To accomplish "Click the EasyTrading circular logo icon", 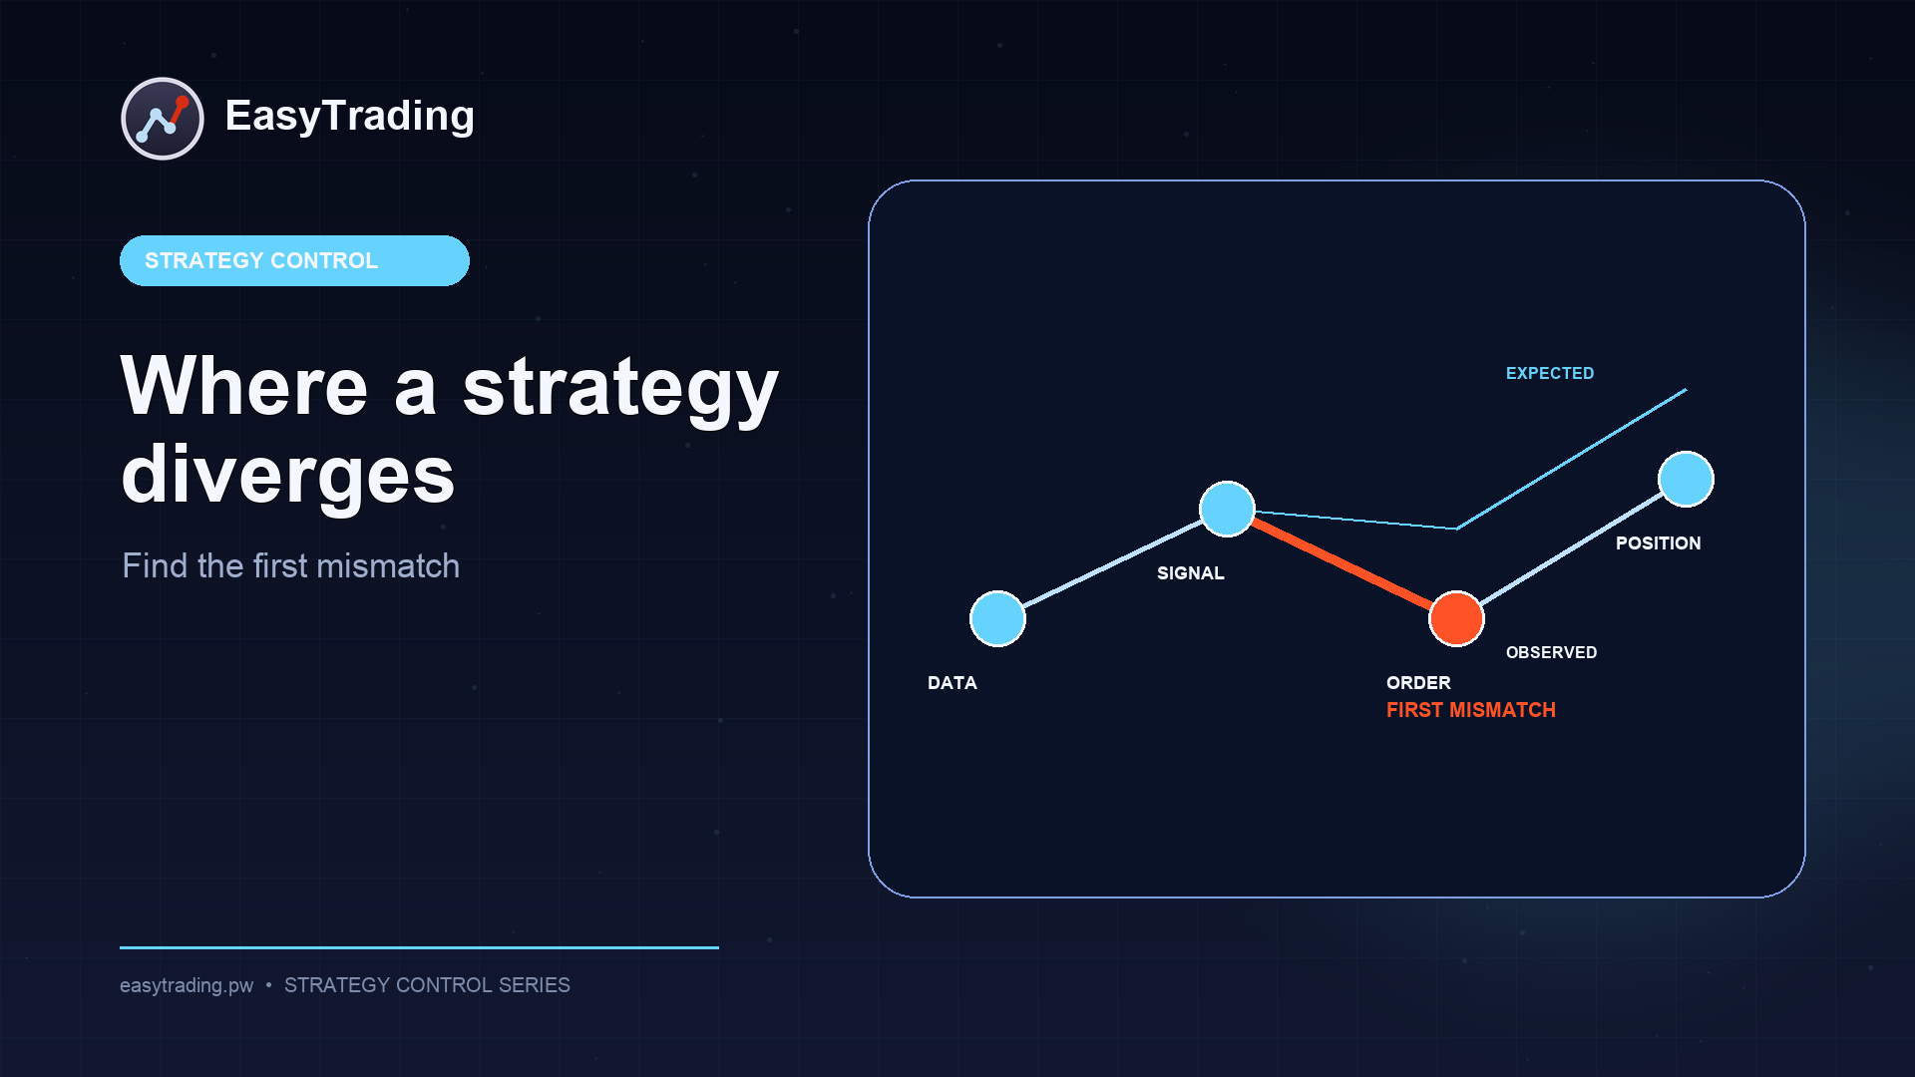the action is [x=163, y=119].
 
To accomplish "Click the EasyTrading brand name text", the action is [x=349, y=117].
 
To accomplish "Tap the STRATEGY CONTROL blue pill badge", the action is [x=294, y=260].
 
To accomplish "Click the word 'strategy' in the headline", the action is [x=620, y=389].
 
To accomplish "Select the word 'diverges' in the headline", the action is [x=288, y=475].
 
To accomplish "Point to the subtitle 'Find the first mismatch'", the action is [x=291, y=565].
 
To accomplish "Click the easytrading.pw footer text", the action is [x=187, y=985].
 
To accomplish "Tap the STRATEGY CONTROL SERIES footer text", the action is [x=427, y=985].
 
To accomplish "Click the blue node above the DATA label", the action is [x=997, y=618].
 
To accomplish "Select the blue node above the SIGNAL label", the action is [x=1227, y=509].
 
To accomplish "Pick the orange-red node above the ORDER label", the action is [x=1456, y=618].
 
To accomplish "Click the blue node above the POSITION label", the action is [x=1686, y=479].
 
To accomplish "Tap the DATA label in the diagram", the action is [x=953, y=683].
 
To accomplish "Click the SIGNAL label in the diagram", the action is [x=1191, y=573].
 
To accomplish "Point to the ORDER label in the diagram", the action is [x=1418, y=683].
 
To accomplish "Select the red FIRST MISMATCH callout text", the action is [x=1471, y=710].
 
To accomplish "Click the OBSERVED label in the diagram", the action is [x=1551, y=652].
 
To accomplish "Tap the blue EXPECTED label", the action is [x=1550, y=373].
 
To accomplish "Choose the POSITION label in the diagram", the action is [x=1659, y=543].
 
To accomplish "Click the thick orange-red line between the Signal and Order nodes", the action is [x=1341, y=563].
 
